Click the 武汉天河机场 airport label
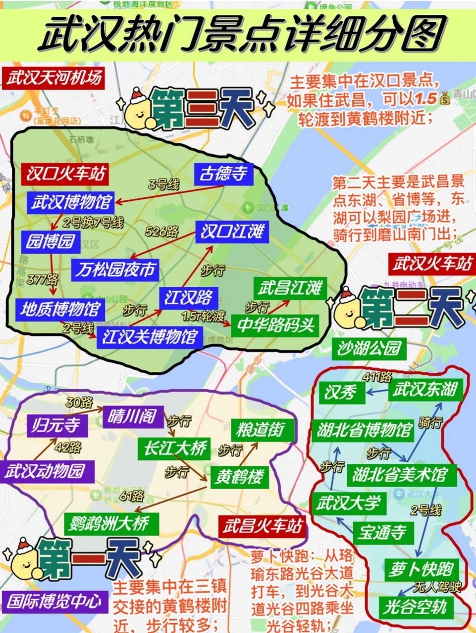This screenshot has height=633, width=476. [53, 78]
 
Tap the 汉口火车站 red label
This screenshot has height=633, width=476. [65, 174]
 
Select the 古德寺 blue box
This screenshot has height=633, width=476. [223, 174]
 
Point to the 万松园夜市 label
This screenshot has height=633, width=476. [115, 270]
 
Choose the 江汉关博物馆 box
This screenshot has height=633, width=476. [150, 337]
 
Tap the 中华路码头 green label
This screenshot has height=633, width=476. [276, 325]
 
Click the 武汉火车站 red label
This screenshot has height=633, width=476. [432, 264]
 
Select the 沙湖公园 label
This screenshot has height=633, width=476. [369, 349]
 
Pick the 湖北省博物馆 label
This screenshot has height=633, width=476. [364, 430]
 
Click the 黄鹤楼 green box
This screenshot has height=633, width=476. [239, 477]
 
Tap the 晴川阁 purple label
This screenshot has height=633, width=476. [132, 417]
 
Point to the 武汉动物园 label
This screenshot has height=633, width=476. [45, 471]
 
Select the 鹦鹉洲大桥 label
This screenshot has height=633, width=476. [112, 524]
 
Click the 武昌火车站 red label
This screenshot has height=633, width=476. [262, 526]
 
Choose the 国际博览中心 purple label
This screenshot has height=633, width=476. [54, 601]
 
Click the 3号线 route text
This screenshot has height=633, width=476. [163, 185]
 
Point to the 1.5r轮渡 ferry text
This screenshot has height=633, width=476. [203, 316]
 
